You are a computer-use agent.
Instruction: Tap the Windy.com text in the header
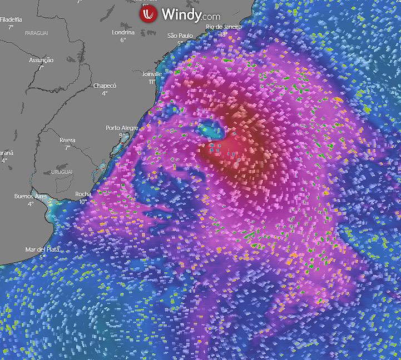click(191, 15)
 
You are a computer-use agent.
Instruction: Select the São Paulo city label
click(180, 36)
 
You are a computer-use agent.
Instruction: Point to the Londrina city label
click(123, 32)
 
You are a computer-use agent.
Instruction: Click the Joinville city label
click(152, 74)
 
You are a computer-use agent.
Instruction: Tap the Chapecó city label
click(105, 86)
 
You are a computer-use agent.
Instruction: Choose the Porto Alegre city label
click(122, 128)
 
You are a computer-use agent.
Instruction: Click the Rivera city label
click(67, 140)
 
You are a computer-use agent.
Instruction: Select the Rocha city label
click(83, 194)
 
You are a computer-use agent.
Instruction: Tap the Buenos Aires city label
click(31, 197)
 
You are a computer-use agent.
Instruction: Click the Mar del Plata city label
click(42, 249)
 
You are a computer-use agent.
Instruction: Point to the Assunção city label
click(41, 60)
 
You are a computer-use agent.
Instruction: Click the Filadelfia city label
click(11, 19)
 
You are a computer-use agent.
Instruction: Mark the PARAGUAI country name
click(37, 33)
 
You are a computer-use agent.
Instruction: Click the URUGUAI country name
click(61, 172)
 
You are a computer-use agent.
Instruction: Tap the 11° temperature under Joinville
click(152, 82)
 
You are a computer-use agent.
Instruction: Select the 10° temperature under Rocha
click(83, 202)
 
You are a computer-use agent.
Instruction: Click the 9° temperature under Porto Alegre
click(122, 136)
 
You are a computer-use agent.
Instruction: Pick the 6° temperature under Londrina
click(123, 40)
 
